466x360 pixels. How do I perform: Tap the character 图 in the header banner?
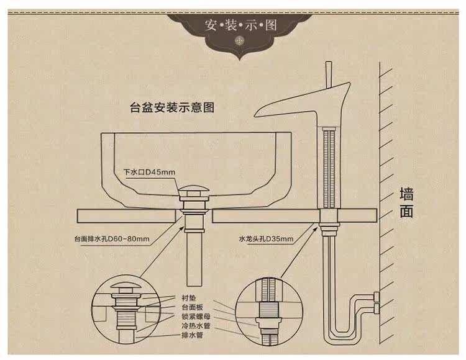(x=269, y=27)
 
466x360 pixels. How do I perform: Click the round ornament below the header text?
(x=240, y=42)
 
